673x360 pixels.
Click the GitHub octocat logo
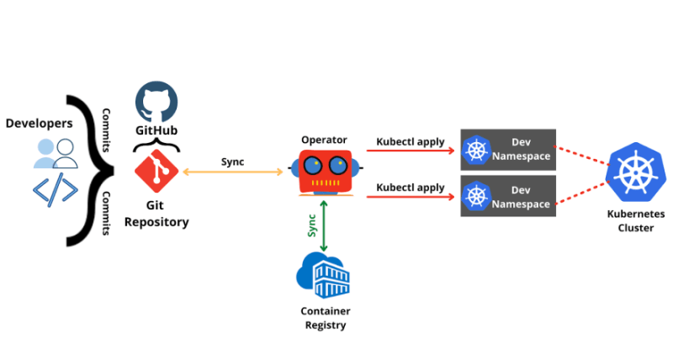point(156,103)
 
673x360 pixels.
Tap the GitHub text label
point(156,131)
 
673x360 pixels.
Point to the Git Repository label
point(156,214)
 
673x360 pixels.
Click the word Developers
point(39,124)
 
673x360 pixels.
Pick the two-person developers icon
point(55,153)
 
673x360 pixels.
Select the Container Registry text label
point(325,318)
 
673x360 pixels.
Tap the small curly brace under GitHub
point(156,146)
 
